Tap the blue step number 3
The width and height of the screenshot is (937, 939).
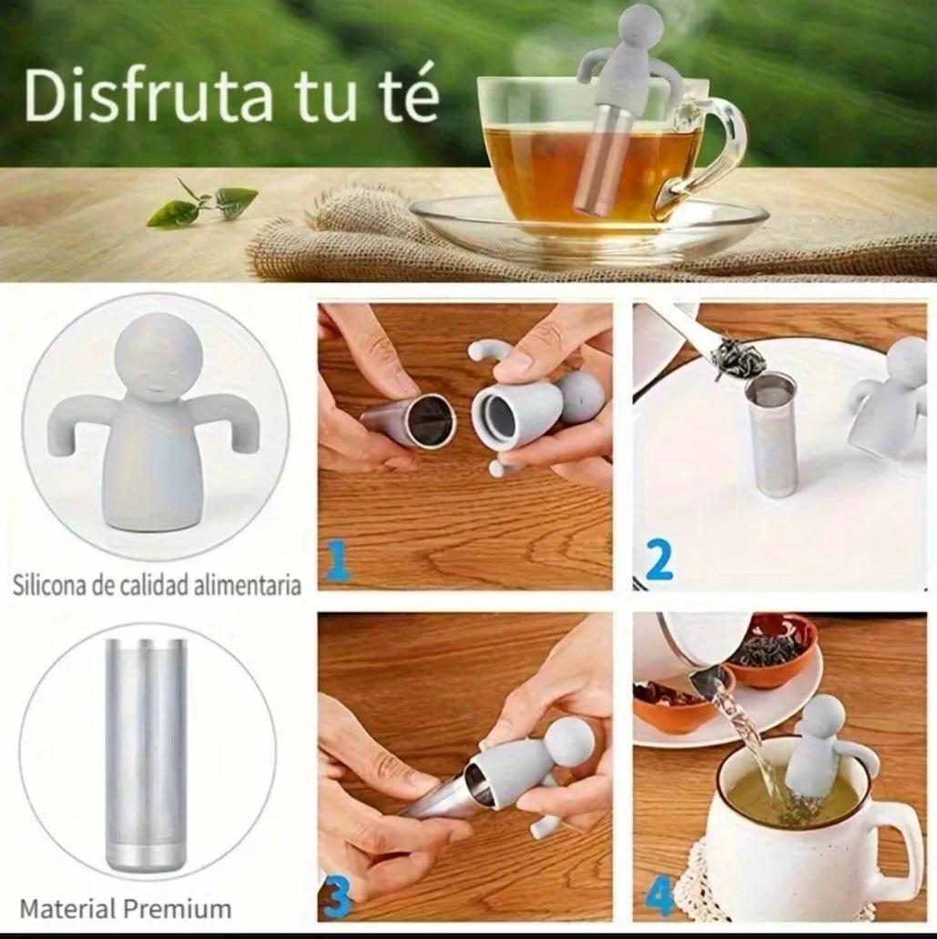(x=337, y=895)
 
